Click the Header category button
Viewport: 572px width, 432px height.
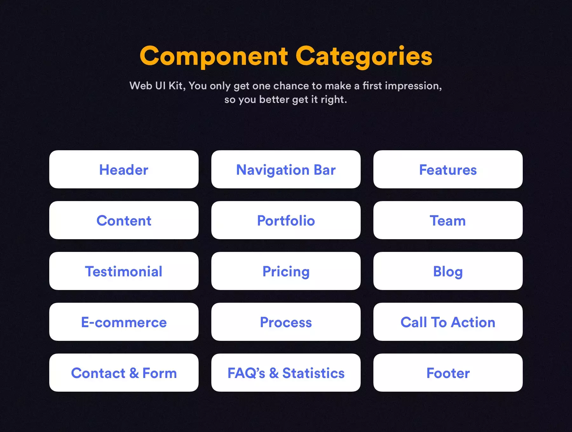pyautogui.click(x=124, y=169)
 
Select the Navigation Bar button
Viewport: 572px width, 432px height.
pyautogui.click(x=286, y=169)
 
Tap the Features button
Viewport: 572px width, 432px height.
pyautogui.click(x=448, y=169)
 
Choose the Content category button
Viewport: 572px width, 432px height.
pyautogui.click(x=124, y=220)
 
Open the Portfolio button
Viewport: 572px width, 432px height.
pyautogui.click(x=286, y=220)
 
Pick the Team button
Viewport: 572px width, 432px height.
pyautogui.click(x=448, y=220)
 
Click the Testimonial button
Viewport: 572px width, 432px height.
pyautogui.click(x=124, y=271)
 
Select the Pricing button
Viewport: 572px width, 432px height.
pyautogui.click(x=286, y=271)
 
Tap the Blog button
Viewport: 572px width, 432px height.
pyautogui.click(x=448, y=271)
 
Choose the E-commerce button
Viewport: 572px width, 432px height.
pyautogui.click(x=124, y=322)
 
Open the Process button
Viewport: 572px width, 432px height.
pyautogui.click(x=286, y=322)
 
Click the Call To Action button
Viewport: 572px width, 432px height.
pyautogui.click(x=448, y=322)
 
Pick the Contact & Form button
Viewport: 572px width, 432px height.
pyautogui.click(x=124, y=373)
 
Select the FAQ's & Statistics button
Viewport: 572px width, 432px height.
pyautogui.click(x=286, y=373)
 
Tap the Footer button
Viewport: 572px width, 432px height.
pyautogui.click(x=448, y=373)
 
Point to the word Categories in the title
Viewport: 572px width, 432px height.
pyautogui.click(x=364, y=57)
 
